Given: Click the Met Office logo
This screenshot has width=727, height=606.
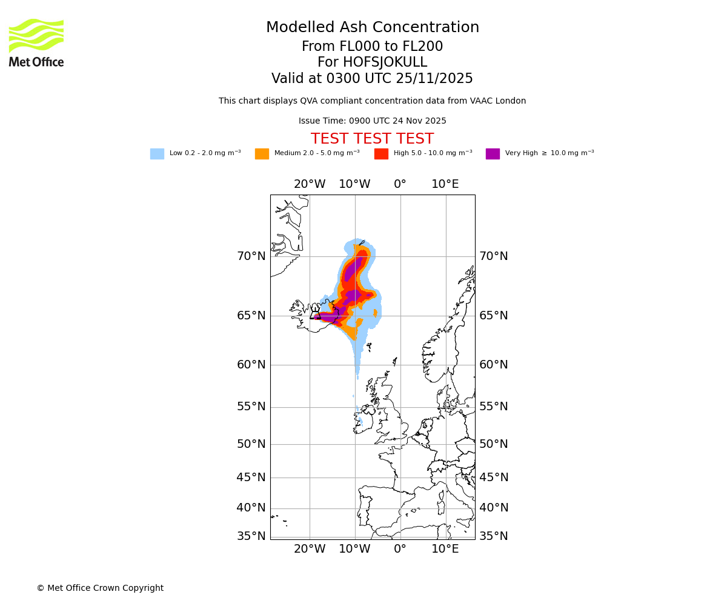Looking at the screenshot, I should pos(36,42).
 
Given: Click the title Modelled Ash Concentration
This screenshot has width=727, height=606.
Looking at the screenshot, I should pos(372,27).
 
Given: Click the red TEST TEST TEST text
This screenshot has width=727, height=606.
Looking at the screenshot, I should pos(372,139).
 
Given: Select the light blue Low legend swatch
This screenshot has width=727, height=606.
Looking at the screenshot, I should pos(157,154).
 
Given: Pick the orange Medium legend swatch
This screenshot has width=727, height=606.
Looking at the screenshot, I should pos(262,154).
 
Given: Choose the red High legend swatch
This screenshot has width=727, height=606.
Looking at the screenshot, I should pos(381,154).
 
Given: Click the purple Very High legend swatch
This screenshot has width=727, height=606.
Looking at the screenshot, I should pos(493,154).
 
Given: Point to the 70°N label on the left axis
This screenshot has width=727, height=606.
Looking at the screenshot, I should pos(251,256).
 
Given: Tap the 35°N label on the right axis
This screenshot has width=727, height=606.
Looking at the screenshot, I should pos(494,536).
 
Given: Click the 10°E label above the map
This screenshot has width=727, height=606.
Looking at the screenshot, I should pos(445,184).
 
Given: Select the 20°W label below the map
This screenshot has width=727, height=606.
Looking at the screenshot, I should pos(310,549).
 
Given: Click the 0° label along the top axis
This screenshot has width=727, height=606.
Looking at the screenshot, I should pos(400,184).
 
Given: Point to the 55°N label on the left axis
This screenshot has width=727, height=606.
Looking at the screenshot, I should pos(251,407).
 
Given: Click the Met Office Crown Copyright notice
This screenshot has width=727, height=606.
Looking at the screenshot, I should pos(100,588).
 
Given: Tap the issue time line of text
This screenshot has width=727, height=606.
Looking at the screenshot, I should pos(372,121).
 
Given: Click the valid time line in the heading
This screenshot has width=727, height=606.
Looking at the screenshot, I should pos(372,79).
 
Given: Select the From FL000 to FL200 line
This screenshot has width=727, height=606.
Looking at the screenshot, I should pos(372,47).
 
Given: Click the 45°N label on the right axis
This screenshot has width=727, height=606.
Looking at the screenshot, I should pos(494,478).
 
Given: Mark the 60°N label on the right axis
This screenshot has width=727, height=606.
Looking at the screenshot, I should pos(494,365).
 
